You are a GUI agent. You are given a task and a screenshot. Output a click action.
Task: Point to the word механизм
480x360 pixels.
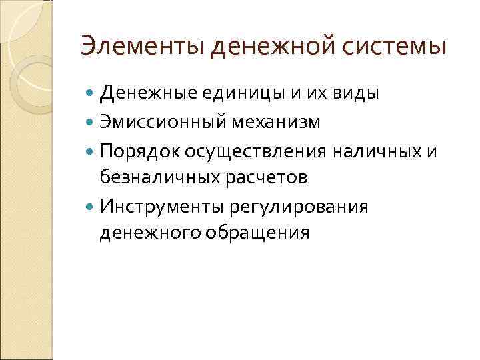coord(283,123)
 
